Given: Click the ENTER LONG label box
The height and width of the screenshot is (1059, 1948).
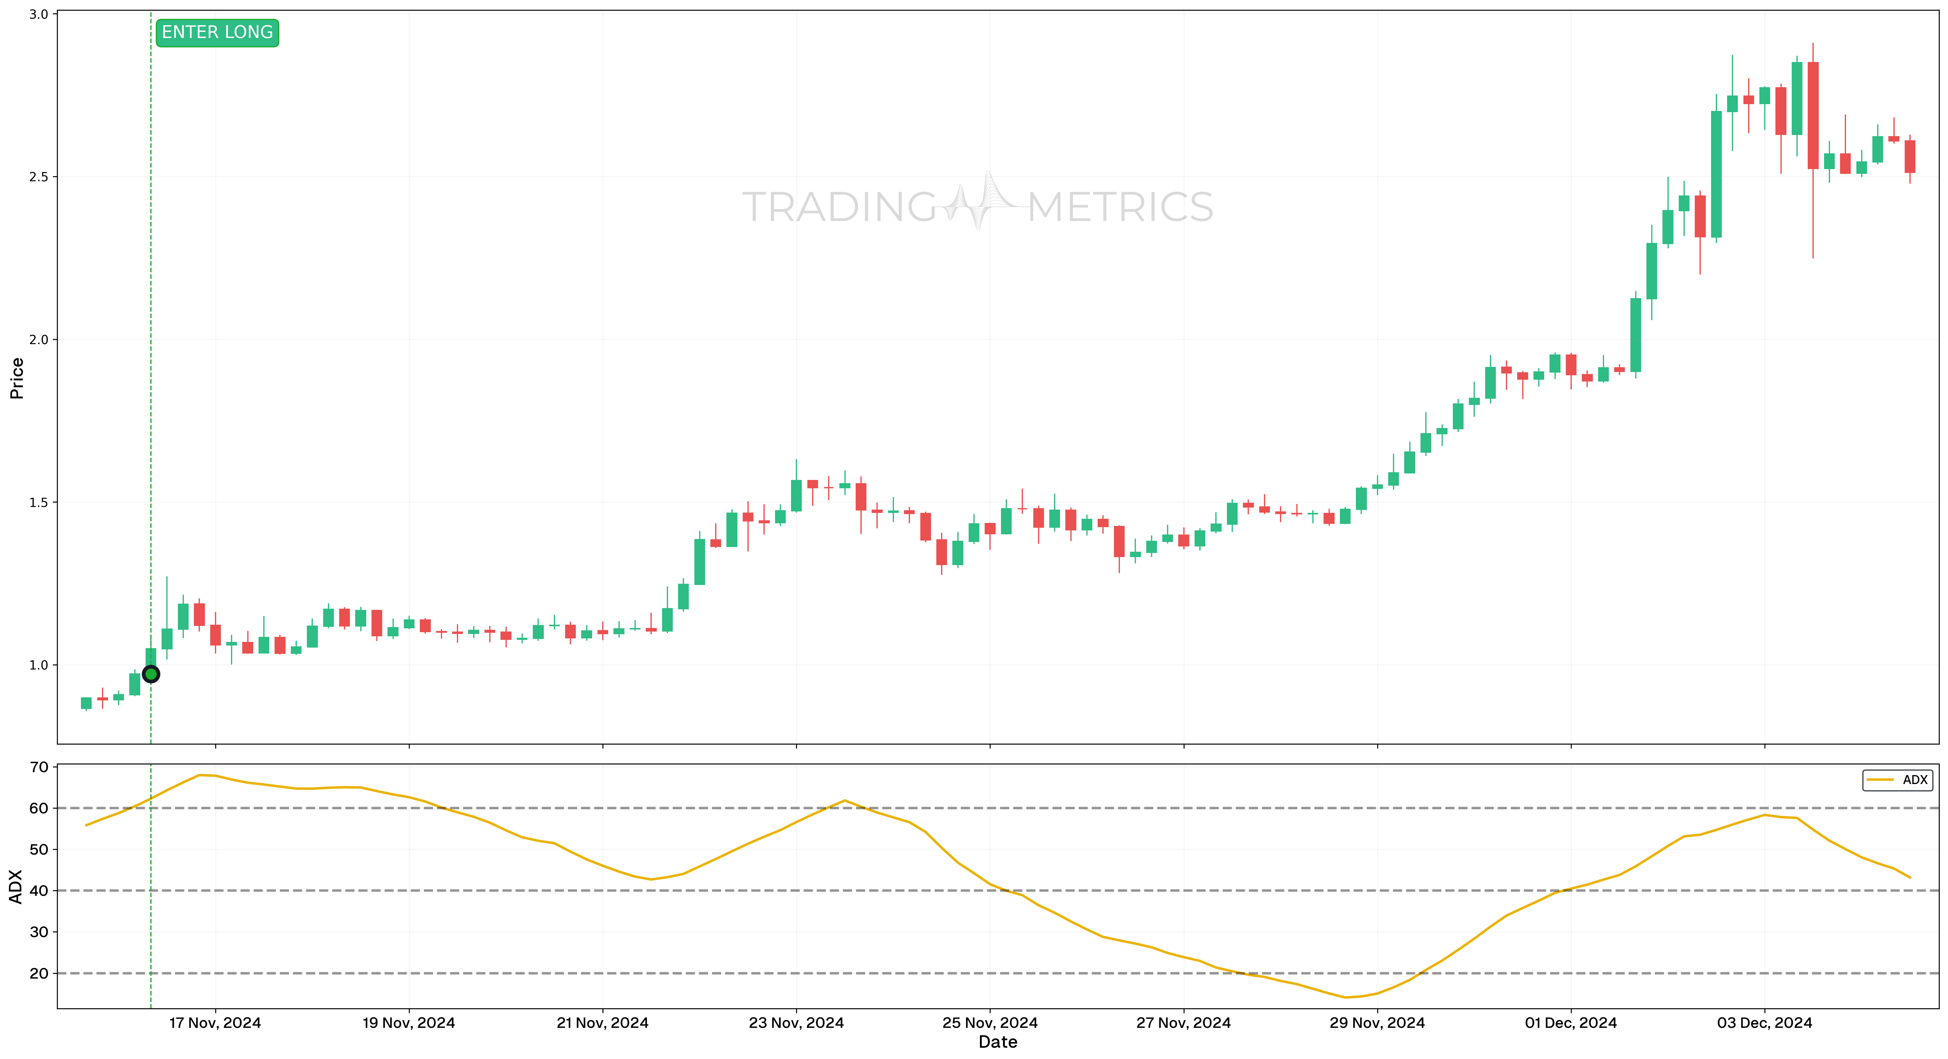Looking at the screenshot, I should (217, 33).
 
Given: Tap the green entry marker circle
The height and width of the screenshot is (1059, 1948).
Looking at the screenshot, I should (151, 674).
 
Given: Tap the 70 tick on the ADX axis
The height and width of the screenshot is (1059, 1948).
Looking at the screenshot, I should (39, 767).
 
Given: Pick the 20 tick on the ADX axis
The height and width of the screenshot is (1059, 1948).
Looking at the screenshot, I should (39, 974).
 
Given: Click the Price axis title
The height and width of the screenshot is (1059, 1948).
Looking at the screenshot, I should (17, 378).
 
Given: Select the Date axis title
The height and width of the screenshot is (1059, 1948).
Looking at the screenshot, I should (997, 1042).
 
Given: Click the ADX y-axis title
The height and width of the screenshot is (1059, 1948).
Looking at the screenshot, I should (17, 887).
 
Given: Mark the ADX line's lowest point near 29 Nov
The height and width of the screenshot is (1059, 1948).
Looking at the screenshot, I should (1345, 997).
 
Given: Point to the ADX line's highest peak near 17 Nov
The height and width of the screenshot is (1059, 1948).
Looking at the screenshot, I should (200, 775).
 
